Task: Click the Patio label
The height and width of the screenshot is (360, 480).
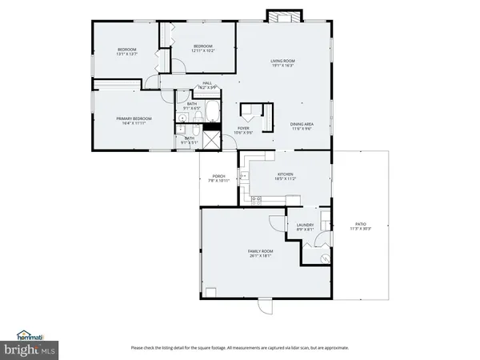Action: (x=360, y=225)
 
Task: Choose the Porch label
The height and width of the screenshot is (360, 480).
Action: (x=218, y=176)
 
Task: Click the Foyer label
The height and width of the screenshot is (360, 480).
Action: (x=244, y=128)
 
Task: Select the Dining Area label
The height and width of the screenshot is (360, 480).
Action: (x=302, y=124)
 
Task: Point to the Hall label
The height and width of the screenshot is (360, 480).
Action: (x=206, y=83)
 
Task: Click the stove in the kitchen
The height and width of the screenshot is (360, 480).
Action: (x=258, y=198)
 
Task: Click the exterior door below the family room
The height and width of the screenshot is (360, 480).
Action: (x=265, y=306)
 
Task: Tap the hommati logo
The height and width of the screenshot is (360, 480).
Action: (x=30, y=335)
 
